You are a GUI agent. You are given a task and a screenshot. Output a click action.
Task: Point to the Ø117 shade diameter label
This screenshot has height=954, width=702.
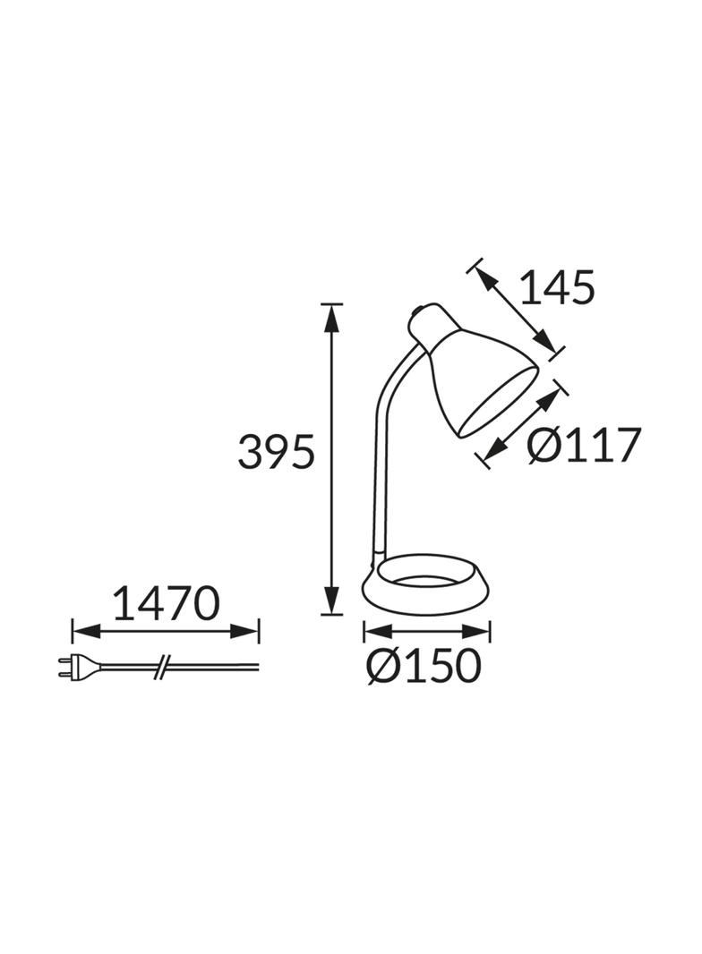(x=584, y=445)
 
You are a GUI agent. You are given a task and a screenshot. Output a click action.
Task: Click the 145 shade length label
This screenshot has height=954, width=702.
(x=557, y=288)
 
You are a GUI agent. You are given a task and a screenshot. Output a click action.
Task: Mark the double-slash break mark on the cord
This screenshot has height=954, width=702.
(x=163, y=666)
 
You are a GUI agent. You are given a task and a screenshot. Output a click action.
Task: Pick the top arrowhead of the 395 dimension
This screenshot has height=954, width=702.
(x=332, y=315)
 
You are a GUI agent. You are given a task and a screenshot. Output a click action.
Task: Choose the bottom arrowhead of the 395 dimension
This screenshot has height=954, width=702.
(x=332, y=601)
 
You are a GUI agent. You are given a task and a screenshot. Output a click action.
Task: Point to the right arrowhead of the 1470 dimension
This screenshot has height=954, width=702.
(x=246, y=632)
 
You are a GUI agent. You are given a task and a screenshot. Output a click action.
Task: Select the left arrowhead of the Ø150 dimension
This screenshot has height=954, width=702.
(x=375, y=633)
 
